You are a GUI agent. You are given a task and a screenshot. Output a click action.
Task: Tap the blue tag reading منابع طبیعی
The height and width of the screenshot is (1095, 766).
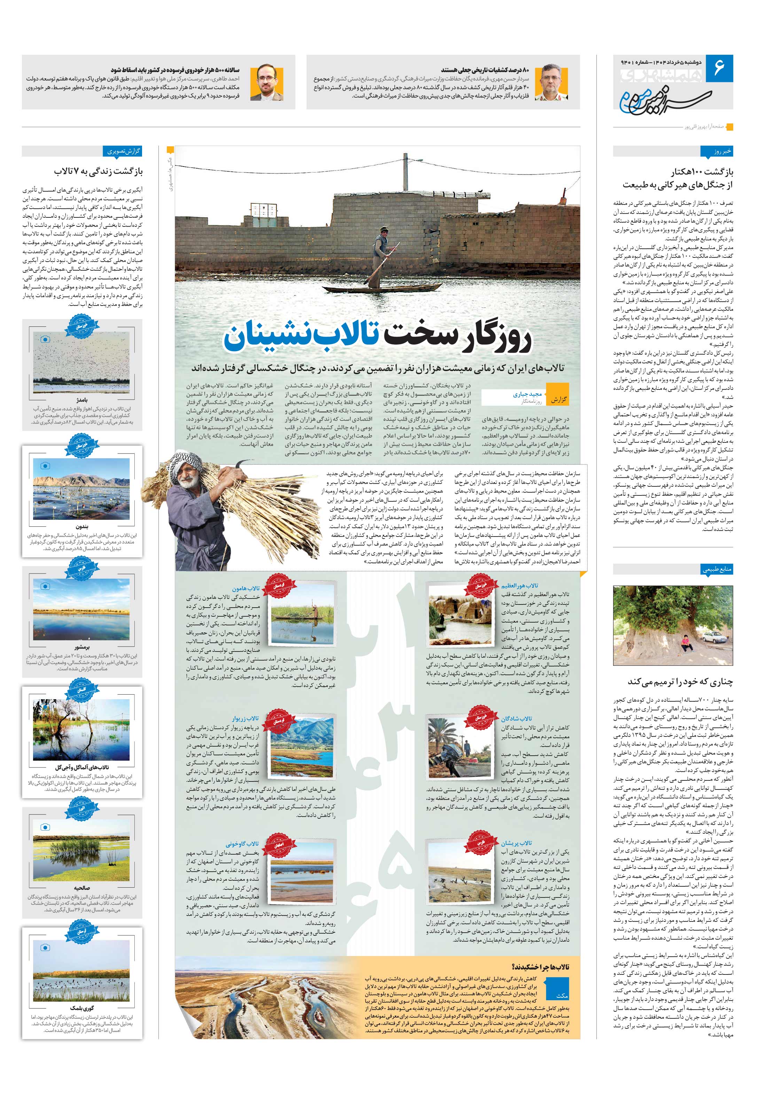click(x=717, y=569)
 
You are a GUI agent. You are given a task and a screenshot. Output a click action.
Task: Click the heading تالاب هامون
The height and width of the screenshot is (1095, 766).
click(x=245, y=588)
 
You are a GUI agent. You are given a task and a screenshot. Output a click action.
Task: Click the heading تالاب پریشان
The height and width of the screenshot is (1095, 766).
click(x=516, y=843)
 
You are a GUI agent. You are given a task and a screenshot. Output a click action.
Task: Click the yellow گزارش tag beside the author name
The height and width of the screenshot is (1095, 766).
click(x=558, y=399)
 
